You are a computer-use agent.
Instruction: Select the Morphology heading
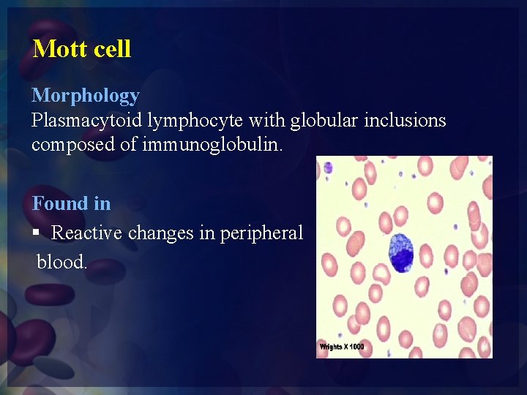(x=85, y=96)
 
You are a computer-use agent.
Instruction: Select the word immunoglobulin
(x=221, y=144)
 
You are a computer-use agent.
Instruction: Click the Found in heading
(x=71, y=203)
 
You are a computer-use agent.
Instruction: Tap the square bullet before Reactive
(x=37, y=233)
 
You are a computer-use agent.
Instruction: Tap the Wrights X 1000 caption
(x=342, y=347)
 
